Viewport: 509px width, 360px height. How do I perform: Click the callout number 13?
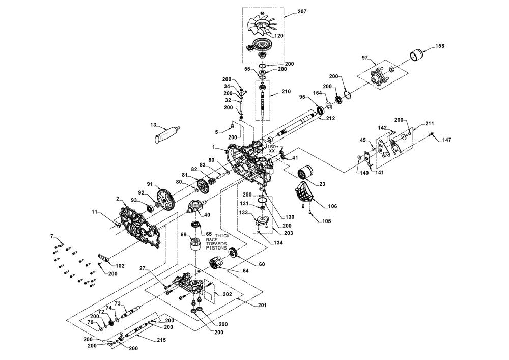point(153,124)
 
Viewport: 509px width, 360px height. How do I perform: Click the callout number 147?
point(446,139)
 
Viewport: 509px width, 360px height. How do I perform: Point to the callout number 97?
point(364,57)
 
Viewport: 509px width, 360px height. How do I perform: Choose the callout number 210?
point(286,92)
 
